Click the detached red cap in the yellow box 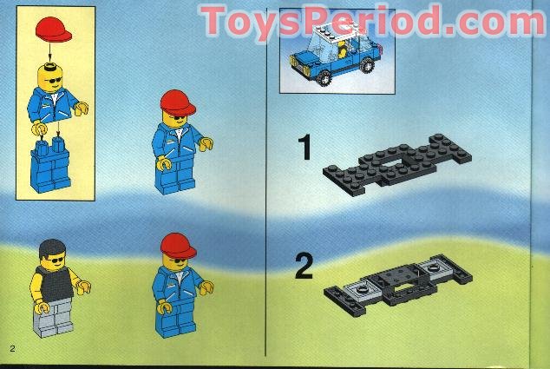click(54, 34)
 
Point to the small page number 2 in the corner click(13, 349)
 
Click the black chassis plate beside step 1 click(398, 165)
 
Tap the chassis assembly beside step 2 click(398, 282)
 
